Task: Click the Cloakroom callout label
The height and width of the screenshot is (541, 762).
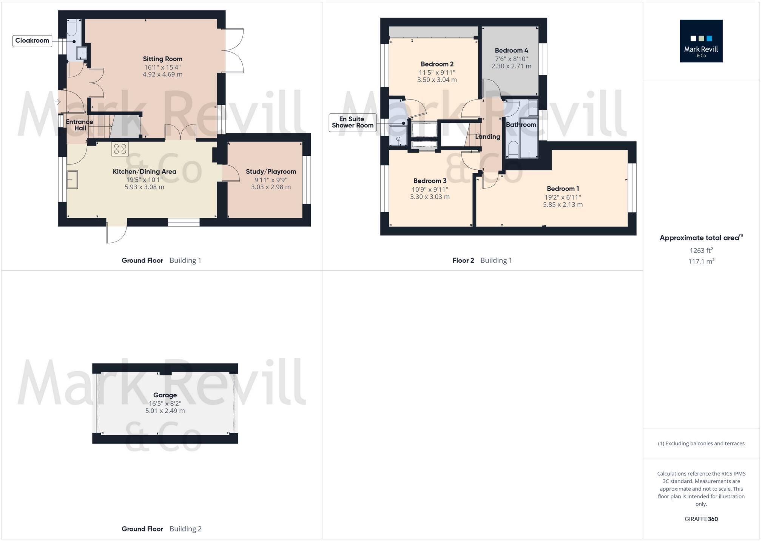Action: pos(32,41)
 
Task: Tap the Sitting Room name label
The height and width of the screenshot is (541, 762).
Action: pos(162,59)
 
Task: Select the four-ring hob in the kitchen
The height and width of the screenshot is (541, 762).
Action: pos(120,149)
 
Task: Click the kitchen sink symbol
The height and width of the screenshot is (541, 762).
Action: pos(72,180)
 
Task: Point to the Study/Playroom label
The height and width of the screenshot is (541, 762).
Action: pos(271,172)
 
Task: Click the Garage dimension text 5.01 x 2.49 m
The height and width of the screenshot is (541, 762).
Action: pos(165,411)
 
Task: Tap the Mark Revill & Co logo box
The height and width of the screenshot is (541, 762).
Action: pos(701,41)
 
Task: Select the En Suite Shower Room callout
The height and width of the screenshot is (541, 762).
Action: pos(352,122)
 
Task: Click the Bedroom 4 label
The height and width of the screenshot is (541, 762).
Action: pos(511,50)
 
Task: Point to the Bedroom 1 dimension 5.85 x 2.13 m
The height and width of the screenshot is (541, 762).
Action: pos(563,205)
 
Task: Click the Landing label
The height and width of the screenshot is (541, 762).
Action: pos(487,137)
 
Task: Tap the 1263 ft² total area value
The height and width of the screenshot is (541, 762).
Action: pos(701,251)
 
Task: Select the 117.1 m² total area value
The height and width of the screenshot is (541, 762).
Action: pos(701,261)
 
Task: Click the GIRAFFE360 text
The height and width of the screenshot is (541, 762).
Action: pos(701,519)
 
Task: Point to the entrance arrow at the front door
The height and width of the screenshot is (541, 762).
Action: pos(58,102)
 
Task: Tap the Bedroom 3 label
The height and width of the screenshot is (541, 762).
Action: pos(430,181)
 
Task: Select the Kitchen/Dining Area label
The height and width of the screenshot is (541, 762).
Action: pos(144,172)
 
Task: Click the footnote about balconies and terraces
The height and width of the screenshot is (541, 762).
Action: pos(701,443)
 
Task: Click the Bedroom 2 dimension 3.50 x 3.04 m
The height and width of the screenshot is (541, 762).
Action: pos(437,80)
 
